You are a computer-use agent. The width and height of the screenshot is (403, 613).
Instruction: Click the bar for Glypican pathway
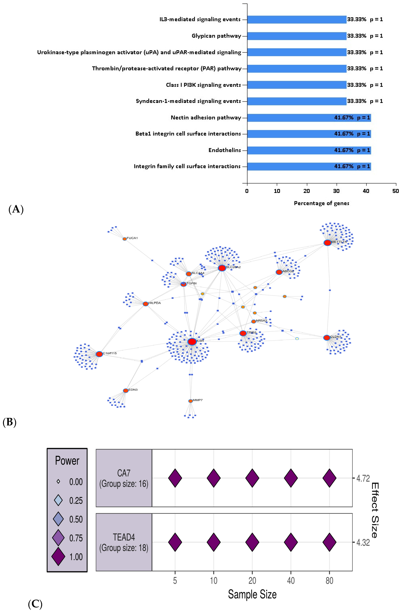(x=296, y=36)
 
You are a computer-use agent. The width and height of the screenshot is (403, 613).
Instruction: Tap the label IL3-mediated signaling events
(x=200, y=19)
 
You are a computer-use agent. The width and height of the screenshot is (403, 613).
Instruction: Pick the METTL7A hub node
(x=327, y=243)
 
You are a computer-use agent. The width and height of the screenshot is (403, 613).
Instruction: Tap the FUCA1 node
(x=125, y=239)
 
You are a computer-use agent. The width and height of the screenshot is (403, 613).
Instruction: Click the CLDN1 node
(x=326, y=337)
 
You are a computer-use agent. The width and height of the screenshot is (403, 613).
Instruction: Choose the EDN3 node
(x=126, y=390)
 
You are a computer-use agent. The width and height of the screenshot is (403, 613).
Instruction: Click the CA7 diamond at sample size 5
(x=175, y=478)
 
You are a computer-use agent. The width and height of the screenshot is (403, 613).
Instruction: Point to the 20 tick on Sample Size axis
(x=252, y=581)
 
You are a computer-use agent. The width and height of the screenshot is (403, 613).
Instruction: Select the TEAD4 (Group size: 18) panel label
(x=124, y=542)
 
